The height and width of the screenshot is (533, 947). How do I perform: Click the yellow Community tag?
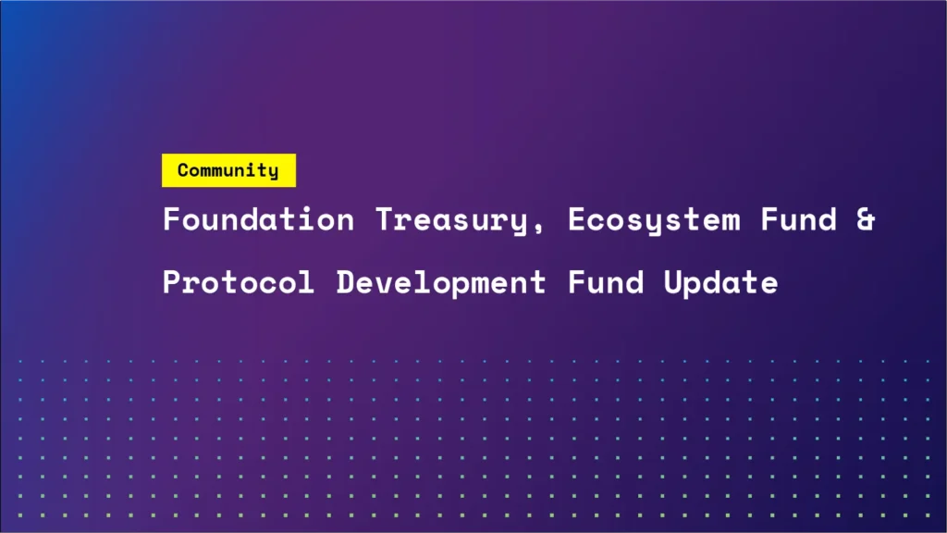228,170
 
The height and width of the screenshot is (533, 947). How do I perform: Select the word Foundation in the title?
258,220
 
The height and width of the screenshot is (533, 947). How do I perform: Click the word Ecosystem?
654,220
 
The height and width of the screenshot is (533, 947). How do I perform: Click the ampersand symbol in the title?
865,220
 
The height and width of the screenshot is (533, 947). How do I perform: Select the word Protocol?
239,282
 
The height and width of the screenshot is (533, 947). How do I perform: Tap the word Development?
441,282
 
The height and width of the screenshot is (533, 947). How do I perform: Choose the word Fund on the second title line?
606,282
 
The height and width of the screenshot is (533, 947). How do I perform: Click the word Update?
721,282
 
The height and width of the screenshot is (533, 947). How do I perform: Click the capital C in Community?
183,170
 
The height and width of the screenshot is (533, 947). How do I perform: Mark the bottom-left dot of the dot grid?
18,515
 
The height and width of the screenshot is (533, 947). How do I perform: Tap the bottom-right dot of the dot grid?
929,515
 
